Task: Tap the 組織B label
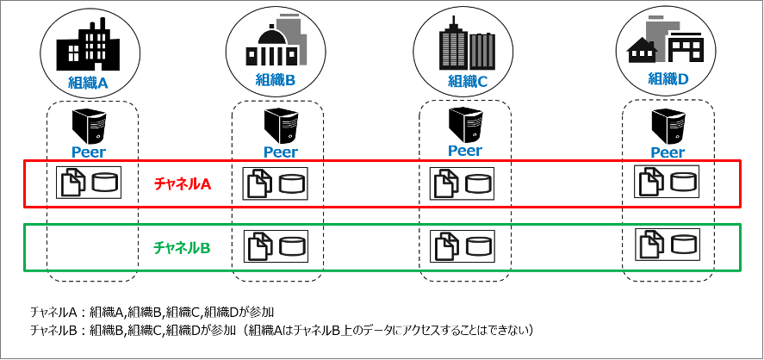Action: point(276,80)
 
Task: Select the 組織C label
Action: point(468,82)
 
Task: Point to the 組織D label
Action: point(669,78)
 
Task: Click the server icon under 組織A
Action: point(90,126)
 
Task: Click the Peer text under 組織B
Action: point(281,152)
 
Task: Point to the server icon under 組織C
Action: point(465,126)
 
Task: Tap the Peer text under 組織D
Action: point(667,152)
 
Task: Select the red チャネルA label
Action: point(183,183)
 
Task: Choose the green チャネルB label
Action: point(182,247)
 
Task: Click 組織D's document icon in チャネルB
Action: point(650,245)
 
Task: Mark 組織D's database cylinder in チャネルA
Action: point(684,182)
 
